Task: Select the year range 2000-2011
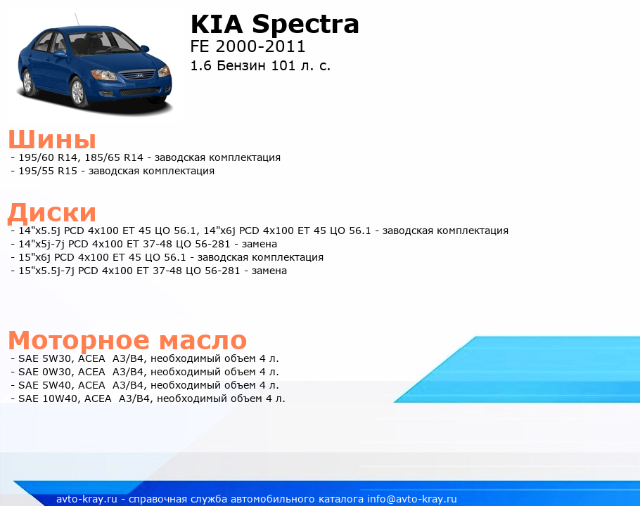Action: point(260,46)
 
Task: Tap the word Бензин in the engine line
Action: point(241,65)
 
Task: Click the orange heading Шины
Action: point(52,139)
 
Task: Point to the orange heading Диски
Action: point(52,212)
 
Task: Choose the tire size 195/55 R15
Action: point(48,171)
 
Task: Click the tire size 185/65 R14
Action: point(114,157)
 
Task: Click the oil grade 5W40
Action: point(57,385)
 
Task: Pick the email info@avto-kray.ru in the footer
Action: point(412,499)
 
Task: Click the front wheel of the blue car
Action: point(77,92)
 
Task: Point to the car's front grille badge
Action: point(140,76)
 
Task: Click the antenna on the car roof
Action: point(77,20)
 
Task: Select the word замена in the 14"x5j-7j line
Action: point(260,244)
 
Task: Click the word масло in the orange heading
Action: point(203,340)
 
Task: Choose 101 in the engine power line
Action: point(283,65)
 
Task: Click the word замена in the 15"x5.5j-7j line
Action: point(269,271)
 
